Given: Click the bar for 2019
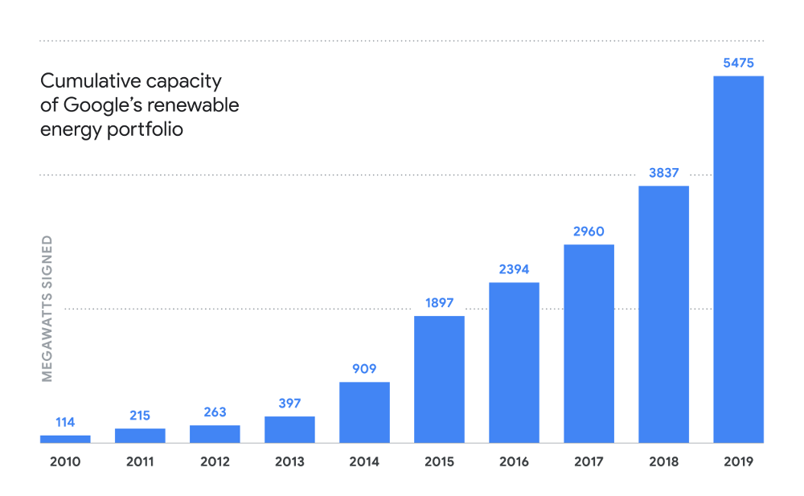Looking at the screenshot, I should pos(738,259).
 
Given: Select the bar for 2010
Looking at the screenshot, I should pos(65,439).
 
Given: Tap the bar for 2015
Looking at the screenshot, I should pos(439,379).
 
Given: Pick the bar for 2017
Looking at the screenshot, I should pos(589,343).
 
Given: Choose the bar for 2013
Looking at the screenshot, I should pos(289,429).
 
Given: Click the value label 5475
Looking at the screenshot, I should pos(738,62).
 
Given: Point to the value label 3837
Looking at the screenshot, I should pos(663,172).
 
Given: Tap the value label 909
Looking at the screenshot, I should pos(364,369).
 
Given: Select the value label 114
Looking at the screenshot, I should pos(65,422).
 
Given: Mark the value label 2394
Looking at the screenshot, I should pos(514,269).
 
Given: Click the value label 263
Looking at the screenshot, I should pos(215,412).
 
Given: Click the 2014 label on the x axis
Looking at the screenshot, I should pos(364,462).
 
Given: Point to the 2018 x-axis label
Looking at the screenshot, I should pos(663,462).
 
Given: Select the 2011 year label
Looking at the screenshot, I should pos(140,462).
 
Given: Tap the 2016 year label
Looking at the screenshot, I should pos(514,462).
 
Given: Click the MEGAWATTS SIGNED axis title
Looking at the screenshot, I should pos(47,309).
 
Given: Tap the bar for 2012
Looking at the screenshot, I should pos(215,434).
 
